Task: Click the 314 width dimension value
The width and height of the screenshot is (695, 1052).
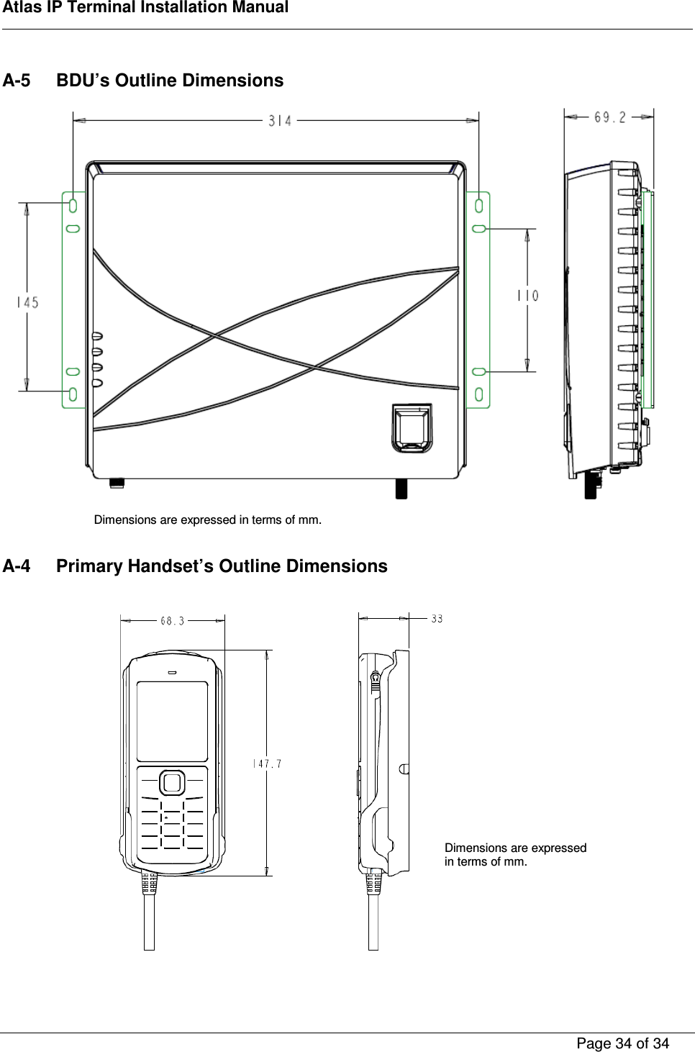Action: tap(280, 121)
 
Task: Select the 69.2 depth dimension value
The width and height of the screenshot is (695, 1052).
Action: tap(609, 117)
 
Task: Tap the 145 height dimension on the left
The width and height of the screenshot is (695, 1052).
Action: tap(27, 302)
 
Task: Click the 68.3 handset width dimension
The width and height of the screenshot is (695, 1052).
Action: tap(172, 621)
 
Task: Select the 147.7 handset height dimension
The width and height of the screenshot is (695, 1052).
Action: tap(267, 763)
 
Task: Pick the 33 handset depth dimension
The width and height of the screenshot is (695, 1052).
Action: tap(437, 618)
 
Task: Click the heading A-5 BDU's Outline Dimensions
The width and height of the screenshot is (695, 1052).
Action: tap(143, 81)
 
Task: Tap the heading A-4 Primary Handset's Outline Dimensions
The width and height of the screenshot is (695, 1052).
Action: tap(195, 566)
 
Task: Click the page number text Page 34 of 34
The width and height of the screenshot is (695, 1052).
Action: tap(622, 1043)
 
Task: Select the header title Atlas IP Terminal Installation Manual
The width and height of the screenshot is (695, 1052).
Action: tap(145, 8)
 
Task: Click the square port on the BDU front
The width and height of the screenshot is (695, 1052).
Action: tap(412, 428)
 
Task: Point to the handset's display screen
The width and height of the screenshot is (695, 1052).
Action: tap(172, 721)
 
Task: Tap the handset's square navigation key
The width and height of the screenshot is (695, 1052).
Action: tap(172, 782)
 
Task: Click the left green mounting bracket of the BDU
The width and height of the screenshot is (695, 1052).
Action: tap(73, 299)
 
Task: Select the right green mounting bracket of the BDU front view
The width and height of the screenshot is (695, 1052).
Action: tap(478, 299)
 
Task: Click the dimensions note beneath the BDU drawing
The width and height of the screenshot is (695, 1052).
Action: tap(208, 520)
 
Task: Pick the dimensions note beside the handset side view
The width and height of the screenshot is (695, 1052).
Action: tap(515, 854)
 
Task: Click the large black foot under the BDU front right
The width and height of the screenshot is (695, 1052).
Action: tap(401, 489)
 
